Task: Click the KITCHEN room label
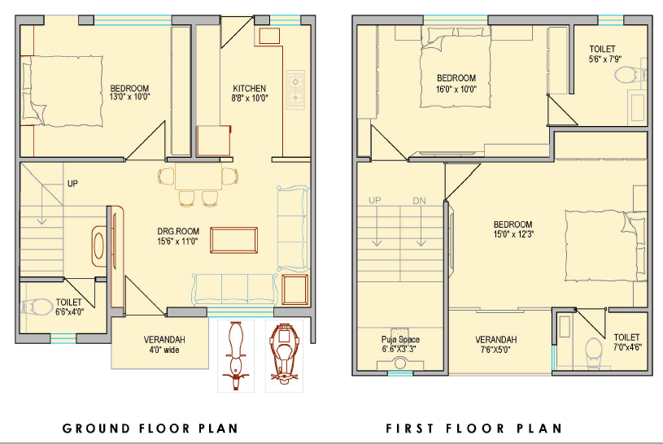(x=249, y=89)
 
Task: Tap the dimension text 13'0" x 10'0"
(x=130, y=97)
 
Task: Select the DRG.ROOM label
(x=178, y=231)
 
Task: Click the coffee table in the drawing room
(x=233, y=240)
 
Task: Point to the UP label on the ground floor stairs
(x=72, y=184)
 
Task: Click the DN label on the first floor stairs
(x=419, y=201)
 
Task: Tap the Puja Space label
(x=400, y=339)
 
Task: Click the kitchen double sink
(x=295, y=89)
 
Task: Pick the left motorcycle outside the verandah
(x=236, y=355)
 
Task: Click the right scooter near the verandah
(x=284, y=355)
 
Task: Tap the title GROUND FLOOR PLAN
(x=150, y=429)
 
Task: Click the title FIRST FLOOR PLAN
(x=473, y=429)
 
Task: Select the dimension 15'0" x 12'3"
(x=513, y=234)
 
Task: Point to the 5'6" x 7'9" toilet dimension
(x=605, y=59)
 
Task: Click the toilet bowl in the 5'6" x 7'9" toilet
(x=629, y=76)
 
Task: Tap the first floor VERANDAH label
(x=495, y=340)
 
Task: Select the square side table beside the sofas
(x=294, y=289)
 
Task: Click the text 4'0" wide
(x=164, y=350)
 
